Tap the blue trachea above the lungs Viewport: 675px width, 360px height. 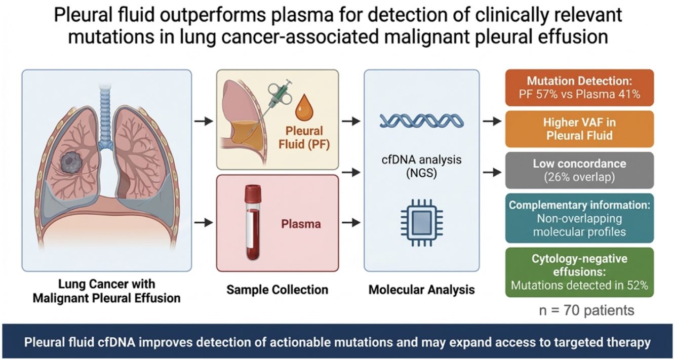pyautogui.click(x=105, y=117)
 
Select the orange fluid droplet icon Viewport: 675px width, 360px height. pyautogui.click(x=304, y=107)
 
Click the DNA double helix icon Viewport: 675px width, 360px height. pyautogui.click(x=422, y=122)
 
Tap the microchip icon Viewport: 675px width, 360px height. pyautogui.click(x=422, y=223)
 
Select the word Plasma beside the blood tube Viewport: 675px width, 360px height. pyautogui.click(x=301, y=224)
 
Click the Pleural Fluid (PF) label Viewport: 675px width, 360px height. pyautogui.click(x=304, y=138)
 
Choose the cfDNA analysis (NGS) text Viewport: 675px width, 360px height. pyautogui.click(x=422, y=166)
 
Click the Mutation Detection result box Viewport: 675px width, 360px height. pyautogui.click(x=579, y=88)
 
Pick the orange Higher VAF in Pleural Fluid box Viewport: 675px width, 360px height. pyautogui.click(x=579, y=129)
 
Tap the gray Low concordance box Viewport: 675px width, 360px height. pyautogui.click(x=579, y=170)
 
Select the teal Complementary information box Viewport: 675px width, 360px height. pyautogui.click(x=579, y=218)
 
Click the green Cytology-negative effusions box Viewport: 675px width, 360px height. pyautogui.click(x=579, y=272)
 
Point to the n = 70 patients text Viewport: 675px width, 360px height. pyautogui.click(x=586, y=310)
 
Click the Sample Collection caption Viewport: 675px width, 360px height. pyautogui.click(x=277, y=290)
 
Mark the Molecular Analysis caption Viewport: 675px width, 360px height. pyautogui.click(x=422, y=290)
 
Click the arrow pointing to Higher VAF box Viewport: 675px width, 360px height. pyautogui.click(x=492, y=122)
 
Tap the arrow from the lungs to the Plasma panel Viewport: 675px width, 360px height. pyautogui.click(x=204, y=223)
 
